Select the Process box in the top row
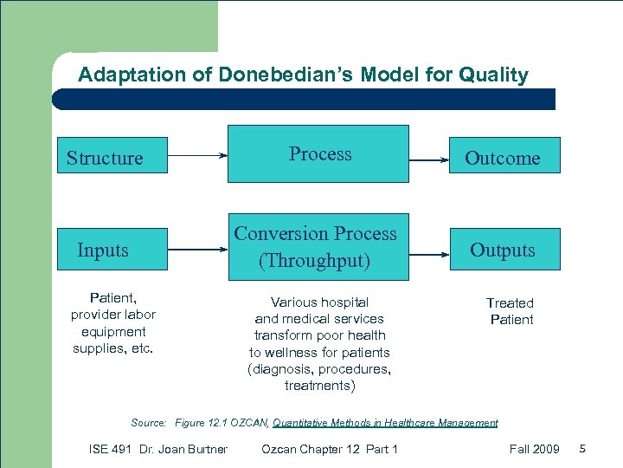point(318,154)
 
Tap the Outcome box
point(502,157)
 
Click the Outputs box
point(502,250)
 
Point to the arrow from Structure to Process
point(197,156)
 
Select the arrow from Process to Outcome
point(430,159)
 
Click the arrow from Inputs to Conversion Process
point(197,250)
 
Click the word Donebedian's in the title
point(283,75)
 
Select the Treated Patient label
point(511,311)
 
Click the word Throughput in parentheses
point(315,260)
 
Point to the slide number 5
point(582,449)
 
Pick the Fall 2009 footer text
point(535,449)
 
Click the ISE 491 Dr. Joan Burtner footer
point(158,449)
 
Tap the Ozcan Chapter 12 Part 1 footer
point(329,449)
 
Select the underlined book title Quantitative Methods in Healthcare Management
point(385,423)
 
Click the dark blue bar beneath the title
point(303,99)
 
